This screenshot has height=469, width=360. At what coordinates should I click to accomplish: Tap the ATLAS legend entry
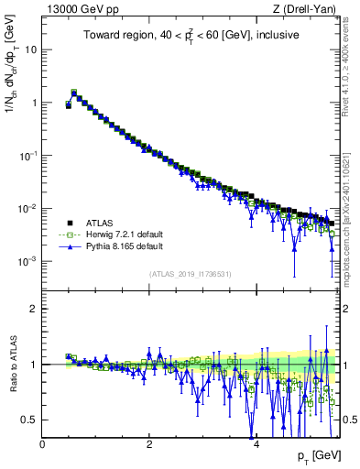(95, 223)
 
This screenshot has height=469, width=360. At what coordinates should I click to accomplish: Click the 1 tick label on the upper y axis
(34, 103)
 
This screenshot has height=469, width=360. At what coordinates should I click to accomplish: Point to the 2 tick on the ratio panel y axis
(34, 309)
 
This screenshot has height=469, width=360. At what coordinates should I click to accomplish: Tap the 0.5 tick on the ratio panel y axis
(30, 420)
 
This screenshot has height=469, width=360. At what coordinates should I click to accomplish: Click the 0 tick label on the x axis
(42, 444)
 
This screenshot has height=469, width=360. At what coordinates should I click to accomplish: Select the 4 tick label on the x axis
(256, 444)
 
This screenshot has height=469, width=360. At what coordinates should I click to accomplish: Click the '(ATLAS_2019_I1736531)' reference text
(191, 274)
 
